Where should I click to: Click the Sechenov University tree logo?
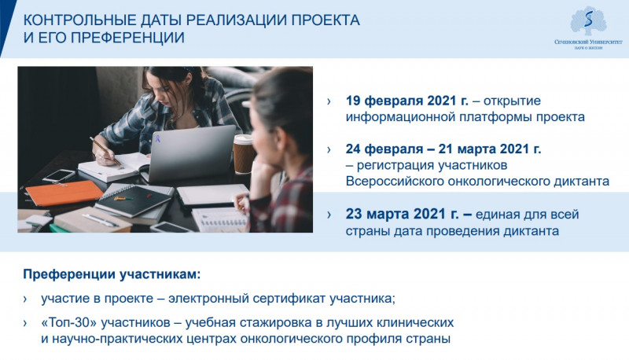588,21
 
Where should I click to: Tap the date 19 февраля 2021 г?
406,101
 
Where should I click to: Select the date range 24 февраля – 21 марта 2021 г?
443,149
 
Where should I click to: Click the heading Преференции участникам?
112,274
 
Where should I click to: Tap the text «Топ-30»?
69,322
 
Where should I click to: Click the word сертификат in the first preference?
289,299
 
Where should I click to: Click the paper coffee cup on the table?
243,154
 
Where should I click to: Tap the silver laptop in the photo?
189,153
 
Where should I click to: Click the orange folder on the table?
64,193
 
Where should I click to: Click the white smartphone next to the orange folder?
59,175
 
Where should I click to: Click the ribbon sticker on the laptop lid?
158,139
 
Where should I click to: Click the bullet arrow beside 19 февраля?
329,101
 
